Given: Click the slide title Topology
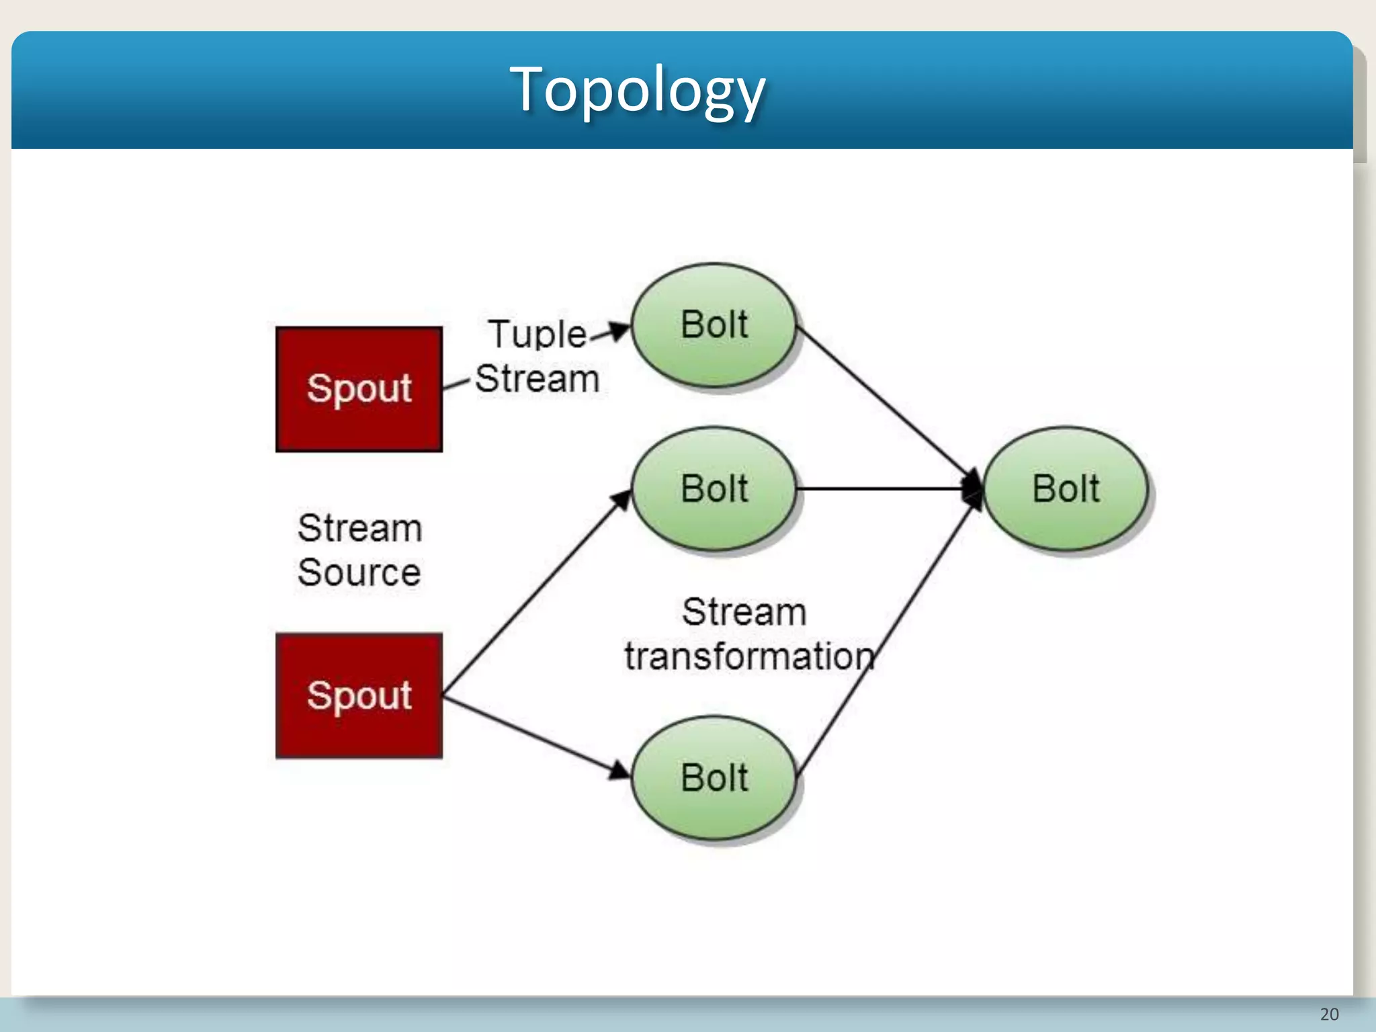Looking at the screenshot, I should tap(637, 89).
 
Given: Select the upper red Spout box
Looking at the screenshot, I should tap(359, 389).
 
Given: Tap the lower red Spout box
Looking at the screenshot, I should tap(359, 695).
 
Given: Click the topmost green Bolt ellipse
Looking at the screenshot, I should tap(714, 325).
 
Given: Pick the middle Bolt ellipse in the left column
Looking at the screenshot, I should tap(714, 489).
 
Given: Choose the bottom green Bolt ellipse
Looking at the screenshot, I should tap(714, 778).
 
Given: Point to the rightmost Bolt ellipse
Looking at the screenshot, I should tap(1066, 489).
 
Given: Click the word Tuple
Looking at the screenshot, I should tap(537, 335).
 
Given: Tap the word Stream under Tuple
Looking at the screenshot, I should tap(537, 379).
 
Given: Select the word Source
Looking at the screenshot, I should tap(359, 573).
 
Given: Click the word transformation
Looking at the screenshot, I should tap(749, 656).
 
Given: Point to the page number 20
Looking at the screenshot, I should tap(1329, 1014).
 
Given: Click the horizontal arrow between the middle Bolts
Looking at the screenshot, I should tap(887, 489).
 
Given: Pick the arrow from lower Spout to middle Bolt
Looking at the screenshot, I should tap(537, 591).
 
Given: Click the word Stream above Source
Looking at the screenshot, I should tap(359, 529).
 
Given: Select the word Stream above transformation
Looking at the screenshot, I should tap(744, 612).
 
